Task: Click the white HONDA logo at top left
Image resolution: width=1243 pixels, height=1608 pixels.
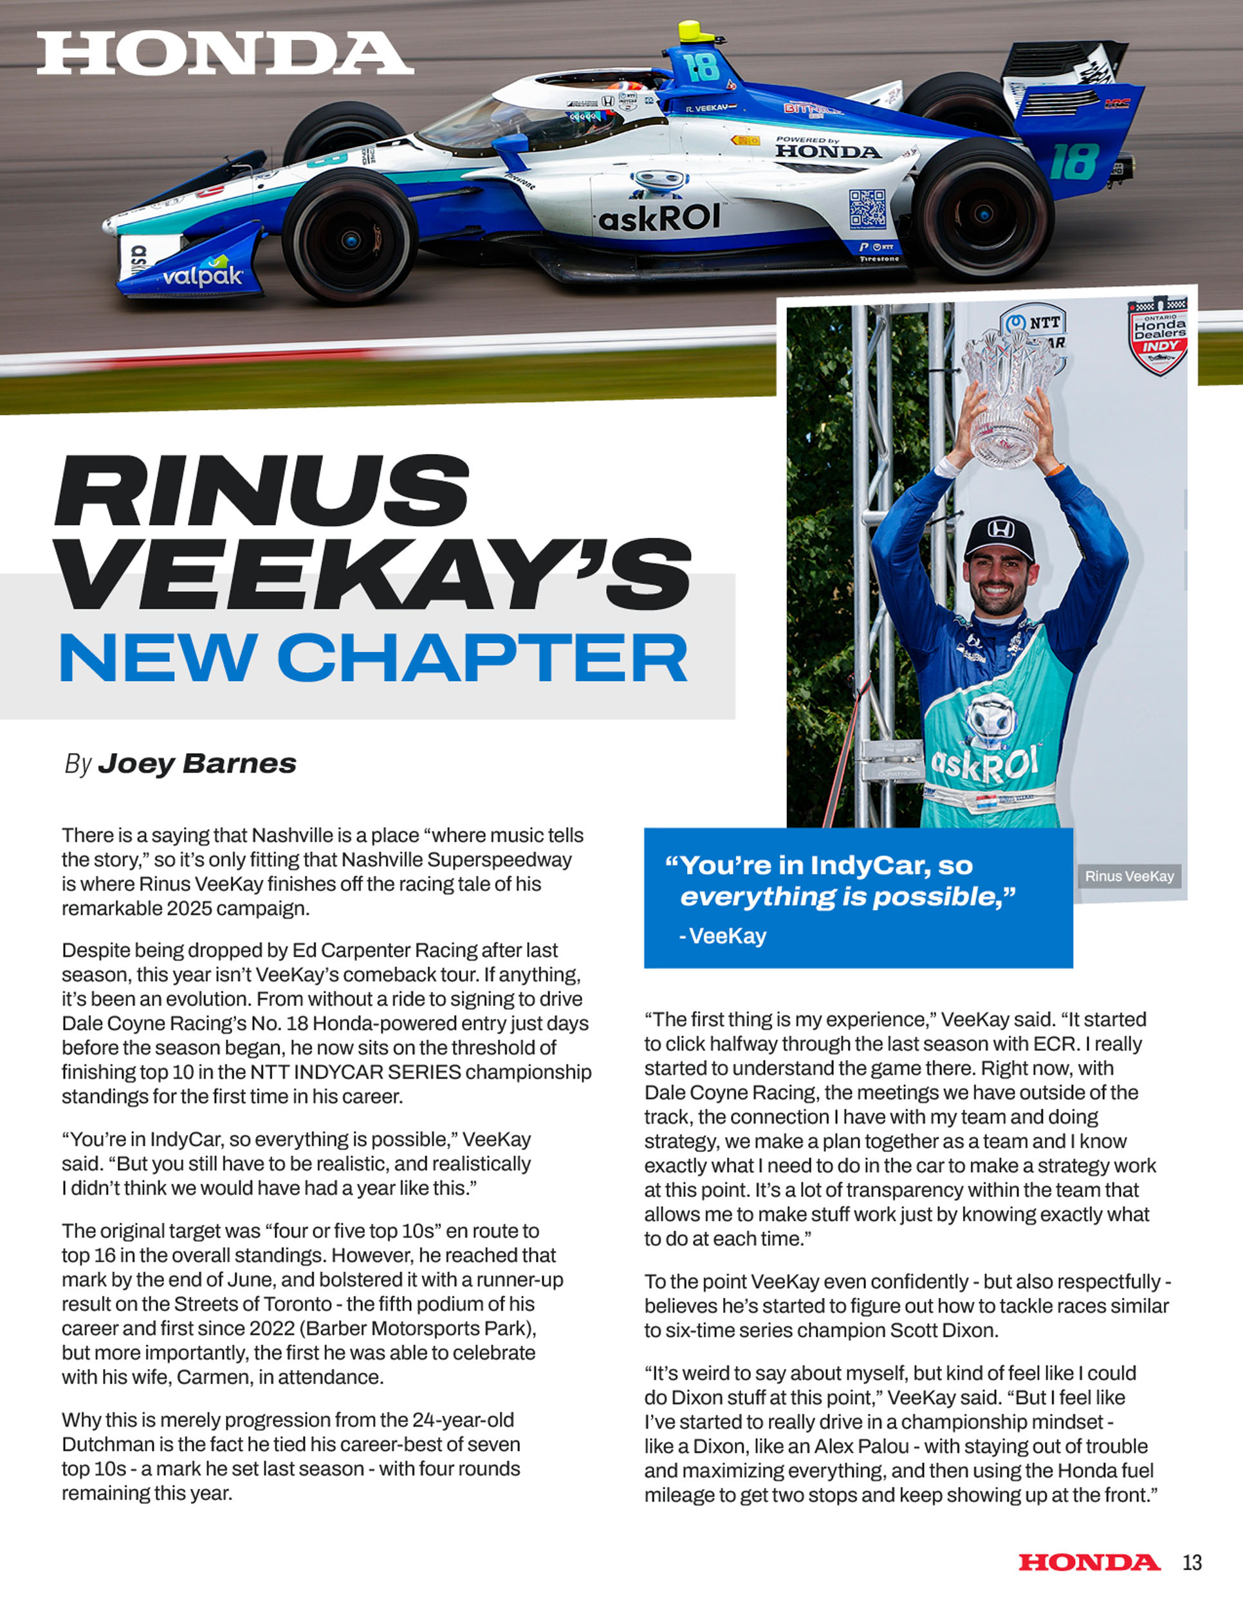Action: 225,54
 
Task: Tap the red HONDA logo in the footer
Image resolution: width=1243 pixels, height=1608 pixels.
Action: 1089,1562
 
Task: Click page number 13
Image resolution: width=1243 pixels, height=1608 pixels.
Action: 1192,1562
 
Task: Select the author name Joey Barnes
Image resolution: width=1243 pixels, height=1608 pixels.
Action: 197,763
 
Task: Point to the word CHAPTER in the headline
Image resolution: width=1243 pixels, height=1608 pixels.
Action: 483,657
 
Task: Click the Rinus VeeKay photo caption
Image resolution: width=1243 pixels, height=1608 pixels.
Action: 1129,876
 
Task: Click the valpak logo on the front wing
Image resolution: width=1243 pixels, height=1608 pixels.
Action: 203,275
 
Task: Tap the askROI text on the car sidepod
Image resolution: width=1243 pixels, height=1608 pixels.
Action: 659,218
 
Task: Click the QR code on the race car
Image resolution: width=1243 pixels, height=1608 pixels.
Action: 867,208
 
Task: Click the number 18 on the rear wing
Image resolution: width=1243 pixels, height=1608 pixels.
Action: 1075,162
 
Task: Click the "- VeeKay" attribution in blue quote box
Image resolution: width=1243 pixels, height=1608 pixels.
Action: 723,936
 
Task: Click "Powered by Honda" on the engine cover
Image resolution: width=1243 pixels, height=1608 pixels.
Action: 827,148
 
